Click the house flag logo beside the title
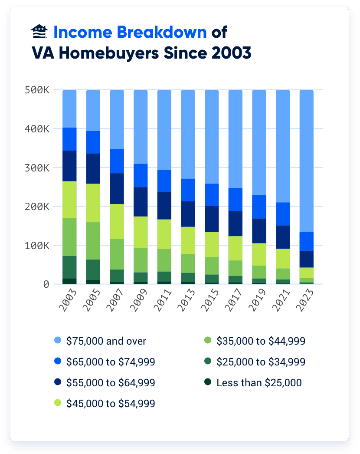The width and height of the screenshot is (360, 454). [x=40, y=32]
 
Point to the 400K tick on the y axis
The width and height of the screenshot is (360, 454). [x=37, y=129]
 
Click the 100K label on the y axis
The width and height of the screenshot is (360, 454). [x=37, y=246]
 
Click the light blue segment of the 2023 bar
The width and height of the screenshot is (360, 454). [x=306, y=161]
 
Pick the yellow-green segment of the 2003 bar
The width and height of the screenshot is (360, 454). [x=69, y=200]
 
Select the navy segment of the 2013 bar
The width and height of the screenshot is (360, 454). [x=188, y=214]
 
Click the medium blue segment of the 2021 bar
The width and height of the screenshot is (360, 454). [x=283, y=214]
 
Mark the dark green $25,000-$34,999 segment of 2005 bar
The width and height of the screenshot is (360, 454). [x=93, y=270]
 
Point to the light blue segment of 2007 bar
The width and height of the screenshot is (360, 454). [x=117, y=119]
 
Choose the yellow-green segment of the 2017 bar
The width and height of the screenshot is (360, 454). [x=235, y=248]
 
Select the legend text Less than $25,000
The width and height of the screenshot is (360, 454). [x=259, y=383]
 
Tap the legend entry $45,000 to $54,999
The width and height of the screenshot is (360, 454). [x=110, y=404]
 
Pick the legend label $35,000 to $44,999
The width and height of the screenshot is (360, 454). [x=261, y=341]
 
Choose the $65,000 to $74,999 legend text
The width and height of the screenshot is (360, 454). [x=110, y=362]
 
